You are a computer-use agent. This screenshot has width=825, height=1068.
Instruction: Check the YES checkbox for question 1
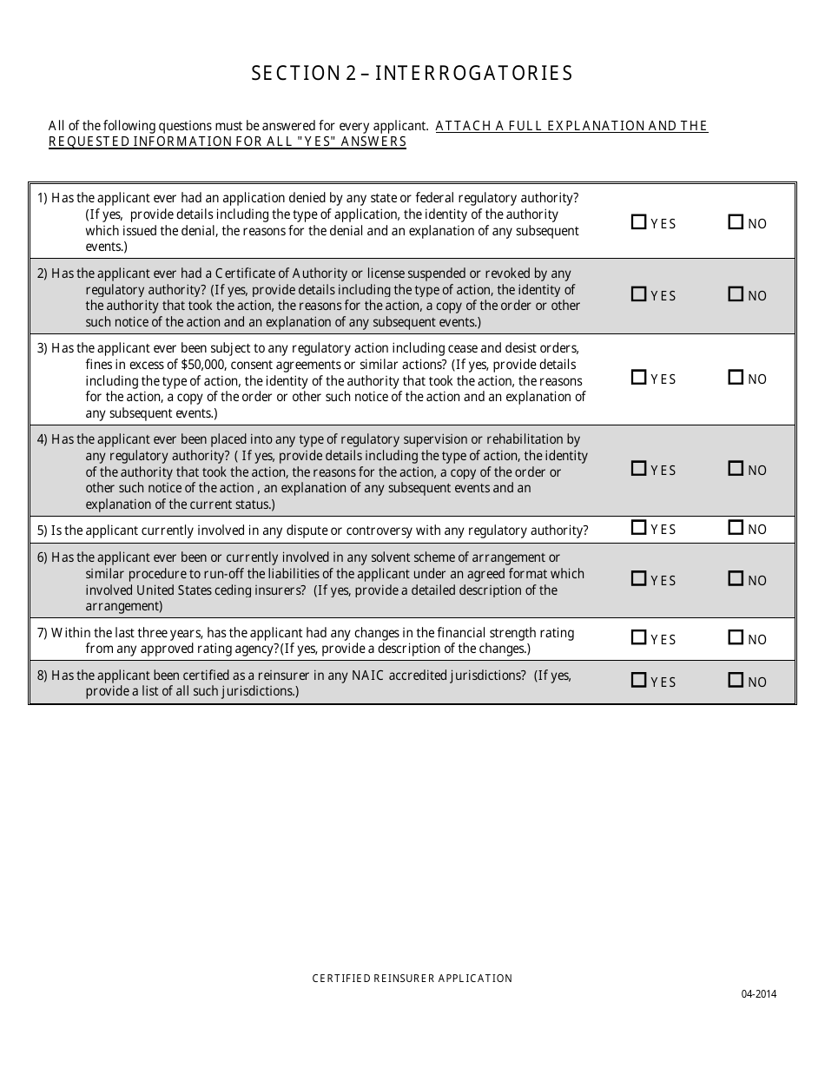coord(639,222)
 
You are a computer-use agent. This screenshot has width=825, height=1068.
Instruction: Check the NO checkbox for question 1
coord(736,222)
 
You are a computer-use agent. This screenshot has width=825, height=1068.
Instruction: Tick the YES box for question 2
coord(639,294)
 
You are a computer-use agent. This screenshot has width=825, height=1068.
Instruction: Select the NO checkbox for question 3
coord(736,378)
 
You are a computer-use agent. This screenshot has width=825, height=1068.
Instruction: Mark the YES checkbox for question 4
coord(639,469)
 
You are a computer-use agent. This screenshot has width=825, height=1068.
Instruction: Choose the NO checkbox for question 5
coord(736,528)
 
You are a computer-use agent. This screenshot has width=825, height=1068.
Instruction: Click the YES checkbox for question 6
coord(639,579)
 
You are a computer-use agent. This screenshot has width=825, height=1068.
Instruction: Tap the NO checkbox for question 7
coord(736,638)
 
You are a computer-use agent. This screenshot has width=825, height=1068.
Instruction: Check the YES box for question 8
coord(639,681)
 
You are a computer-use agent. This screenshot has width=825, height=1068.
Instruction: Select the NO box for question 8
coord(736,681)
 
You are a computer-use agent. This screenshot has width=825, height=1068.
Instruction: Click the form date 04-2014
coord(759,995)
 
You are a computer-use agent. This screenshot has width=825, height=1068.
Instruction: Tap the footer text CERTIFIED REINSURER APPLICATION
coord(412,979)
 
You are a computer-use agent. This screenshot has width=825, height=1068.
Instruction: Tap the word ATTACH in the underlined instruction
coord(459,126)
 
